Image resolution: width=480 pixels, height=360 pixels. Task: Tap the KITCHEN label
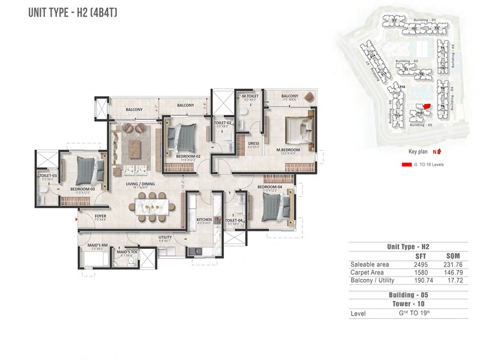(x=204, y=220)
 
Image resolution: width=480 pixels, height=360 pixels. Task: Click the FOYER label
(x=100, y=216)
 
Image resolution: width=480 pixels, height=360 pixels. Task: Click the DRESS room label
(x=253, y=143)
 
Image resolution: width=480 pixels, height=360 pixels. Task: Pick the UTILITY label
(x=166, y=237)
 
